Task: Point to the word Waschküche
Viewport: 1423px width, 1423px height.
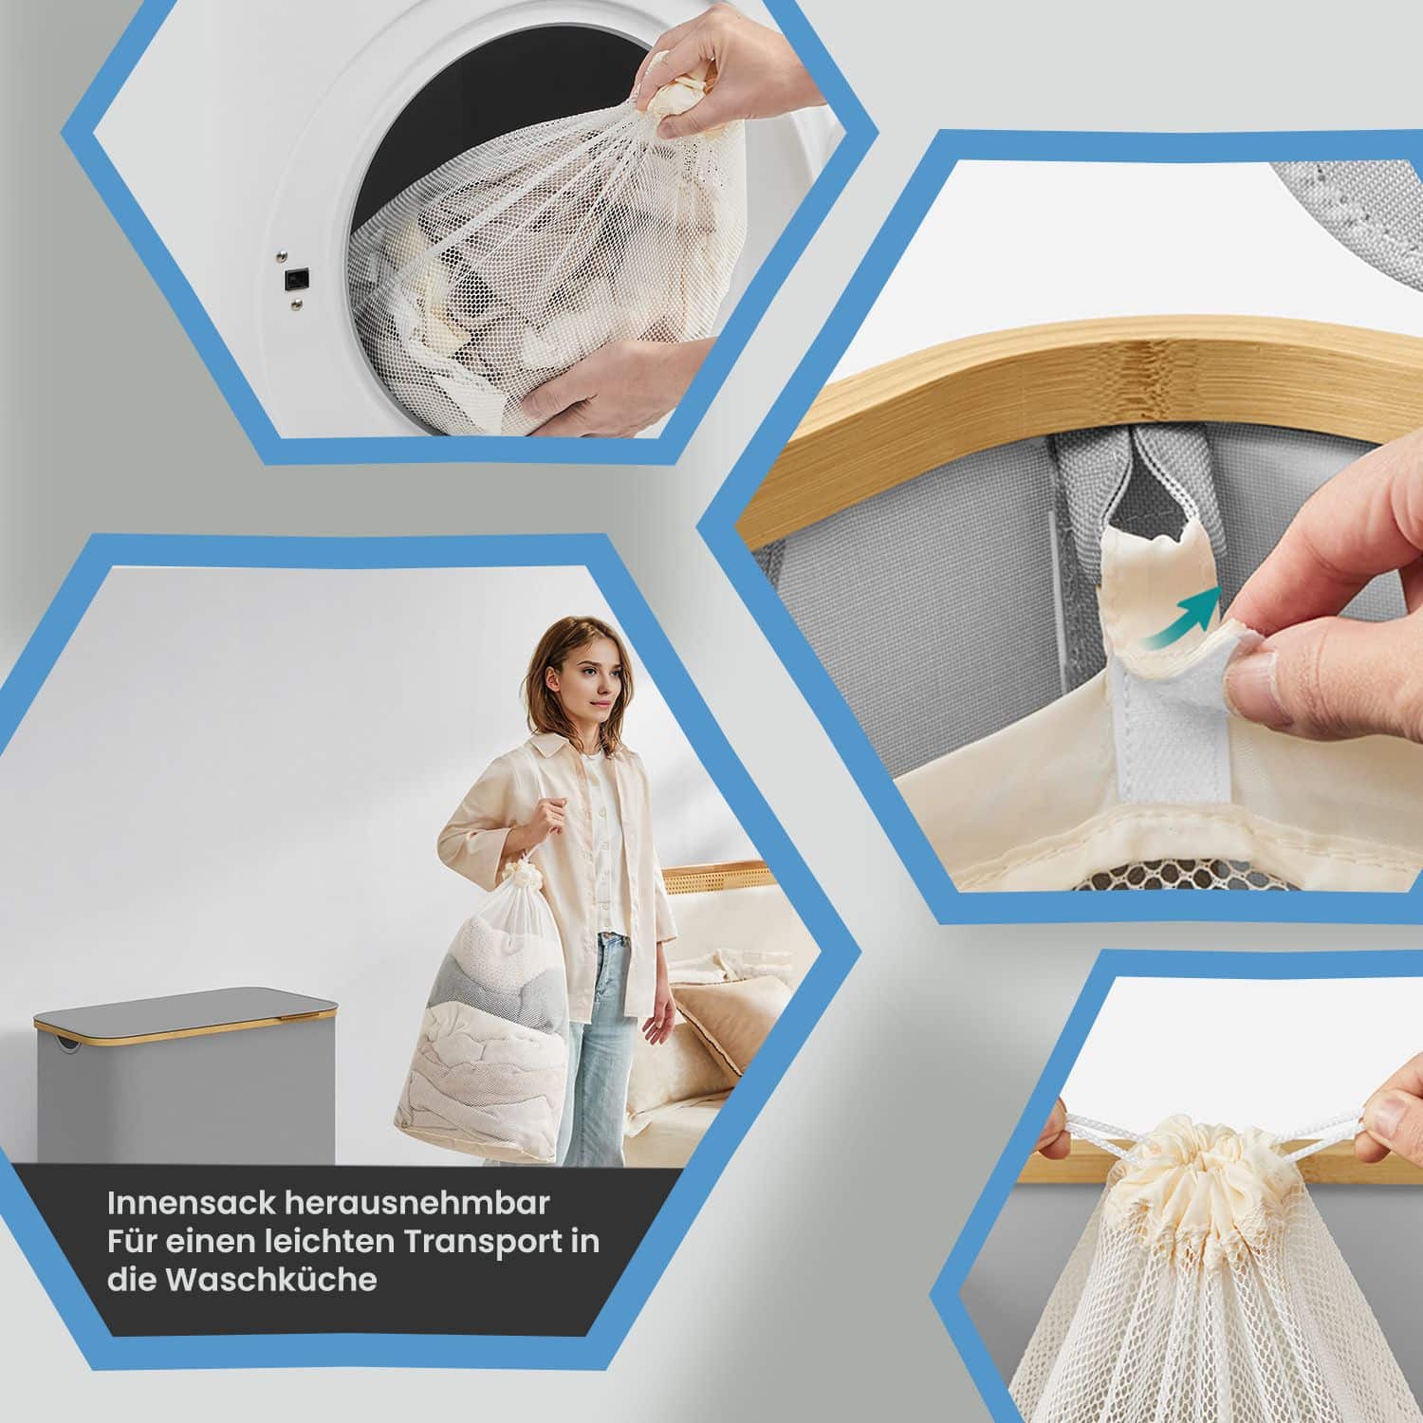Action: point(270,1279)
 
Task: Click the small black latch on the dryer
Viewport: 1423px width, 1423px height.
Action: point(296,279)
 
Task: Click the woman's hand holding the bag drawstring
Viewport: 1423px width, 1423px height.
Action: point(548,816)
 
